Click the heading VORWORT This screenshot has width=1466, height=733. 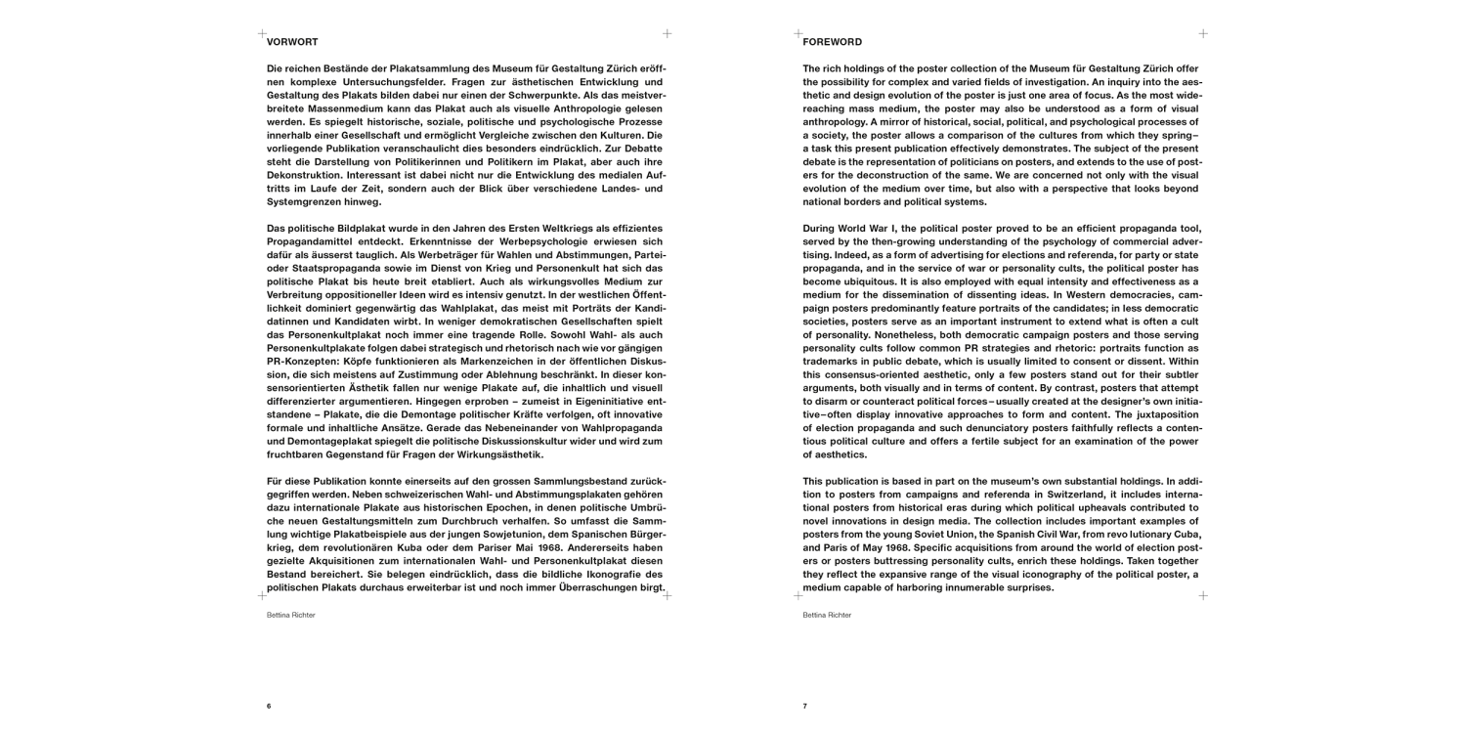[291, 42]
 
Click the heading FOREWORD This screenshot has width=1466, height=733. [832, 42]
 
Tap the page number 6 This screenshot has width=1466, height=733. [269, 706]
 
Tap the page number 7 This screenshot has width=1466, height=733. [805, 706]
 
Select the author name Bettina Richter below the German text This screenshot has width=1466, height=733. [291, 615]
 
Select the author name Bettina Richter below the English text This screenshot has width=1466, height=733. [827, 615]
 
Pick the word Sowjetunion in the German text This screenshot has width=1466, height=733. [513, 535]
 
